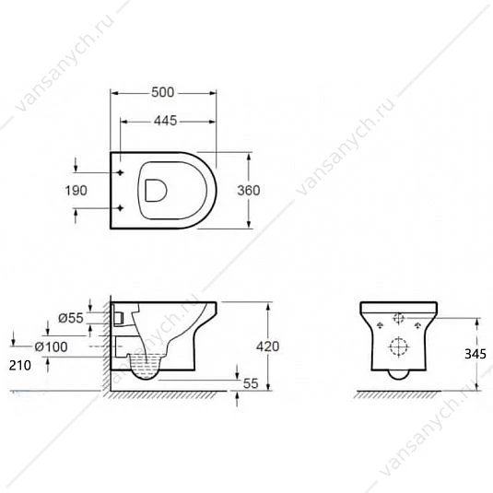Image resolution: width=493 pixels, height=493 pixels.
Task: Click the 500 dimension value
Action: (x=162, y=92)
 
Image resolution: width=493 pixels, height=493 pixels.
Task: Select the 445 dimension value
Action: (x=166, y=121)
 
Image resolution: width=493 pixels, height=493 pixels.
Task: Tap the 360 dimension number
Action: (x=249, y=191)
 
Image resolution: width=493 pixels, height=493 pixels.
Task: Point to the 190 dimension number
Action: (x=76, y=191)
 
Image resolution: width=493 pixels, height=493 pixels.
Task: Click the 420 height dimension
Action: (x=267, y=346)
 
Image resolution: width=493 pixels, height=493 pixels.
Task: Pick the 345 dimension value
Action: (x=475, y=355)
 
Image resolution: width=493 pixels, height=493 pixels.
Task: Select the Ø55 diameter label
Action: (x=71, y=318)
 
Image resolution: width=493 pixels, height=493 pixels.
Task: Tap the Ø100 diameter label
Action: (x=51, y=347)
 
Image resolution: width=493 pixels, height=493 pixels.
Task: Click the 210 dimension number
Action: (x=19, y=365)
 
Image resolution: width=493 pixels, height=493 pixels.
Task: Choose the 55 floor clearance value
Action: (x=251, y=383)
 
